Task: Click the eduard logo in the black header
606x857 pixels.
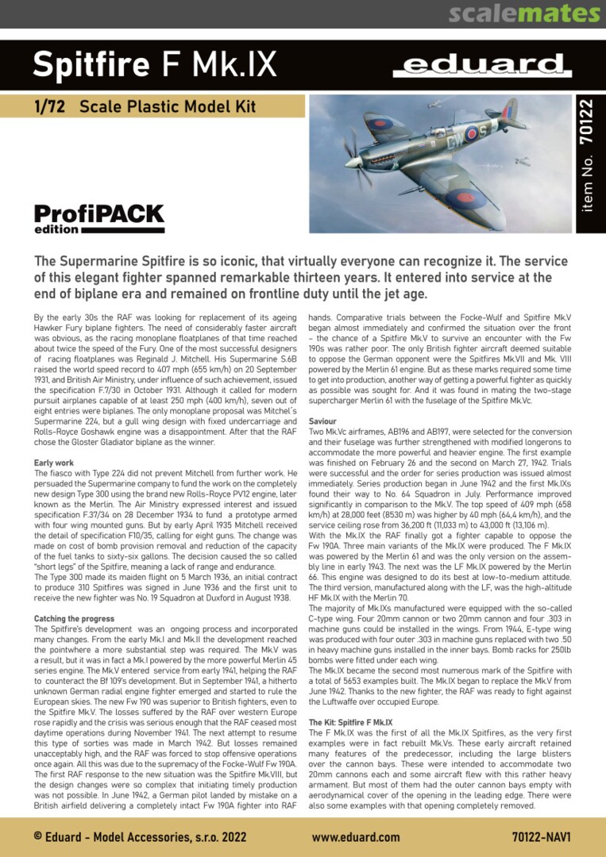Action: [x=482, y=65]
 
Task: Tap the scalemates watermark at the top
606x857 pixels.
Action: [x=523, y=13]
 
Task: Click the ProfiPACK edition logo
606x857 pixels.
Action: [x=99, y=218]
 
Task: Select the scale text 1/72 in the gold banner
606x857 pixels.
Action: [x=49, y=106]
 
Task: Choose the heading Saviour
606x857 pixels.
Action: [x=322, y=421]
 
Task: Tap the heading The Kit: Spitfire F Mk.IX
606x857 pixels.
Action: [x=350, y=723]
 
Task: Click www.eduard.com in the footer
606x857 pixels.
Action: [x=355, y=836]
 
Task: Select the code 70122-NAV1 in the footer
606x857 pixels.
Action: [x=542, y=836]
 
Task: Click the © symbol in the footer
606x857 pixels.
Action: [x=38, y=836]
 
